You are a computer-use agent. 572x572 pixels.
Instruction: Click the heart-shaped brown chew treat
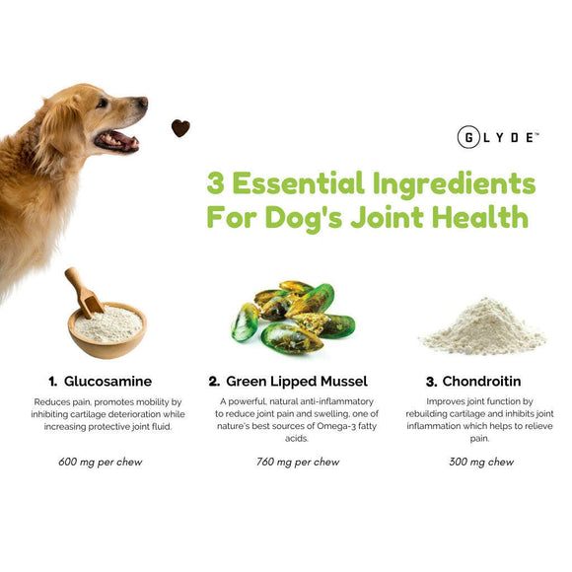[x=180, y=127]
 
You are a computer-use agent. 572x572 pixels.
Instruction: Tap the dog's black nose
[x=143, y=102]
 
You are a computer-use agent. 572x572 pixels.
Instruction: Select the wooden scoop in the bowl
[x=83, y=291]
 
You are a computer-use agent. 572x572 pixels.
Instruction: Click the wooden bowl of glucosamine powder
[x=107, y=329]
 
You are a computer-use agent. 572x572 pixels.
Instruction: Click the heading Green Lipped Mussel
[x=297, y=381]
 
